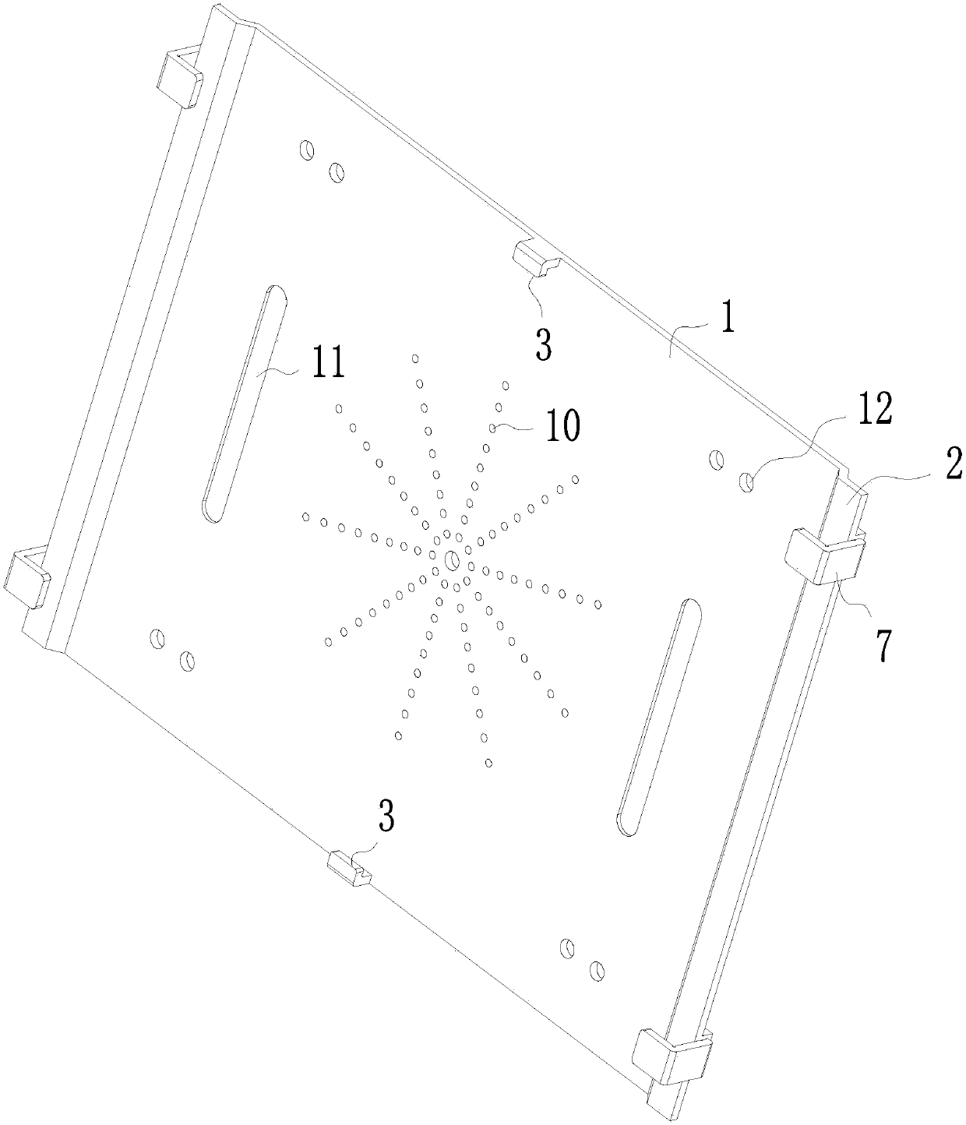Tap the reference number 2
coord(954,464)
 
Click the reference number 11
coord(328,365)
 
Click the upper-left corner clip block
coord(180,78)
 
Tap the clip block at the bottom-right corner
coord(668,1055)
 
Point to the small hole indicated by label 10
coord(493,428)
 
